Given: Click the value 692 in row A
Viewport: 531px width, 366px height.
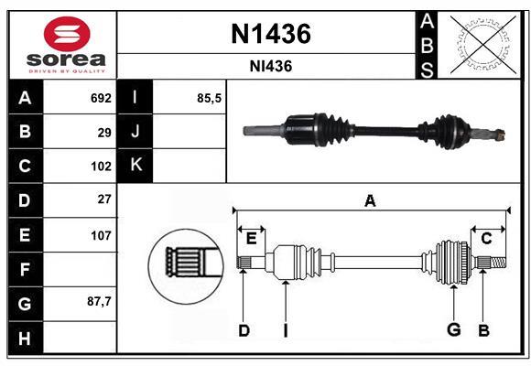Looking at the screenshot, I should (101, 98).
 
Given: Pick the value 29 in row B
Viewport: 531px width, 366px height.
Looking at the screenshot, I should (104, 133).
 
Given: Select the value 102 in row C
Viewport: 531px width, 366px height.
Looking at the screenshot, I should (101, 167).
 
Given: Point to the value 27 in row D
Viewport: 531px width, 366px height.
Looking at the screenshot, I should (104, 199).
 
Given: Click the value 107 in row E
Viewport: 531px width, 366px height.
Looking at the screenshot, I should (101, 235).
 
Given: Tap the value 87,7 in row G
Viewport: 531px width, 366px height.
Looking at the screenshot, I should (99, 301).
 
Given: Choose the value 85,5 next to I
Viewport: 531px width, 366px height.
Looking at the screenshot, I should (210, 98).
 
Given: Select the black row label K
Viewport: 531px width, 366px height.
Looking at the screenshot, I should (135, 166).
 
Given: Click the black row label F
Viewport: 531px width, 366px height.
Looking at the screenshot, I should (25, 269).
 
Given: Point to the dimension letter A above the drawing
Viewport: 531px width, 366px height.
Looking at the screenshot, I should (371, 201).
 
